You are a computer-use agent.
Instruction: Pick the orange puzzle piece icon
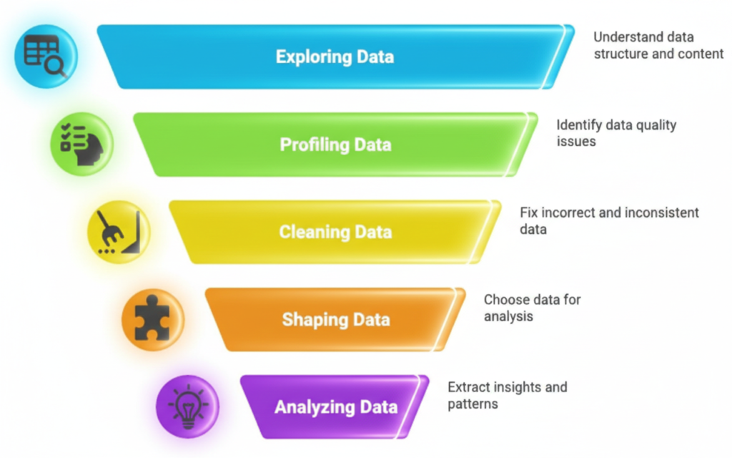[152, 318]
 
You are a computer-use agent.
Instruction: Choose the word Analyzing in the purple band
[309, 407]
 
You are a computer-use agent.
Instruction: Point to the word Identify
[579, 125]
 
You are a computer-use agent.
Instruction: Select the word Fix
[529, 213]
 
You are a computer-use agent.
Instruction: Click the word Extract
[469, 387]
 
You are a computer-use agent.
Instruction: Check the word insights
[520, 387]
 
